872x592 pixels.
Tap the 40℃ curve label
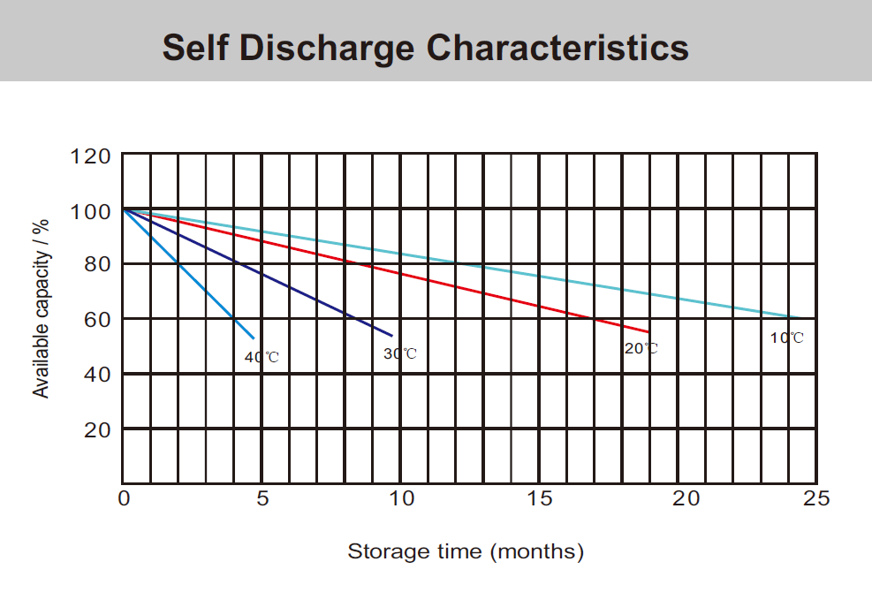tap(262, 357)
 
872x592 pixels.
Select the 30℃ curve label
tap(399, 353)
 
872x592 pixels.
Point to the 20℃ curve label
tap(641, 348)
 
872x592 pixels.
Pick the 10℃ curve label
tap(787, 338)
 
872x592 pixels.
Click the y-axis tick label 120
tap(90, 157)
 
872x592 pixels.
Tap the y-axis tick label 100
tap(90, 212)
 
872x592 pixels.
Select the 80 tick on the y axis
tap(95, 264)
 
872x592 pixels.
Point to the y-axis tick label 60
tap(95, 319)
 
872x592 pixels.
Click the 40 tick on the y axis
tap(95, 375)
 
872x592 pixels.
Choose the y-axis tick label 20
tap(95, 429)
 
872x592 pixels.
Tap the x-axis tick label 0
tap(124, 499)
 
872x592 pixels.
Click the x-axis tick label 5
tap(262, 499)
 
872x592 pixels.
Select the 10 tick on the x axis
tap(402, 499)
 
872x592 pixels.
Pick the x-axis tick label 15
tap(540, 499)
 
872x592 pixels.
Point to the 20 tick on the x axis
tap(679, 499)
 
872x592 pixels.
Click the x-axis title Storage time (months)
tap(466, 552)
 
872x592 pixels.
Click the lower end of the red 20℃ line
tap(648, 332)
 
